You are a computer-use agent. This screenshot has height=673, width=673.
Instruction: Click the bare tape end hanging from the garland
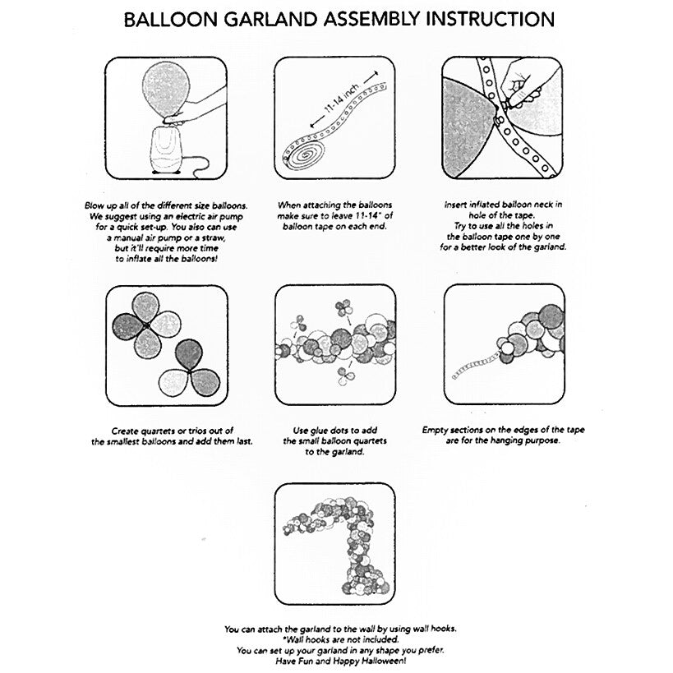(x=472, y=365)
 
